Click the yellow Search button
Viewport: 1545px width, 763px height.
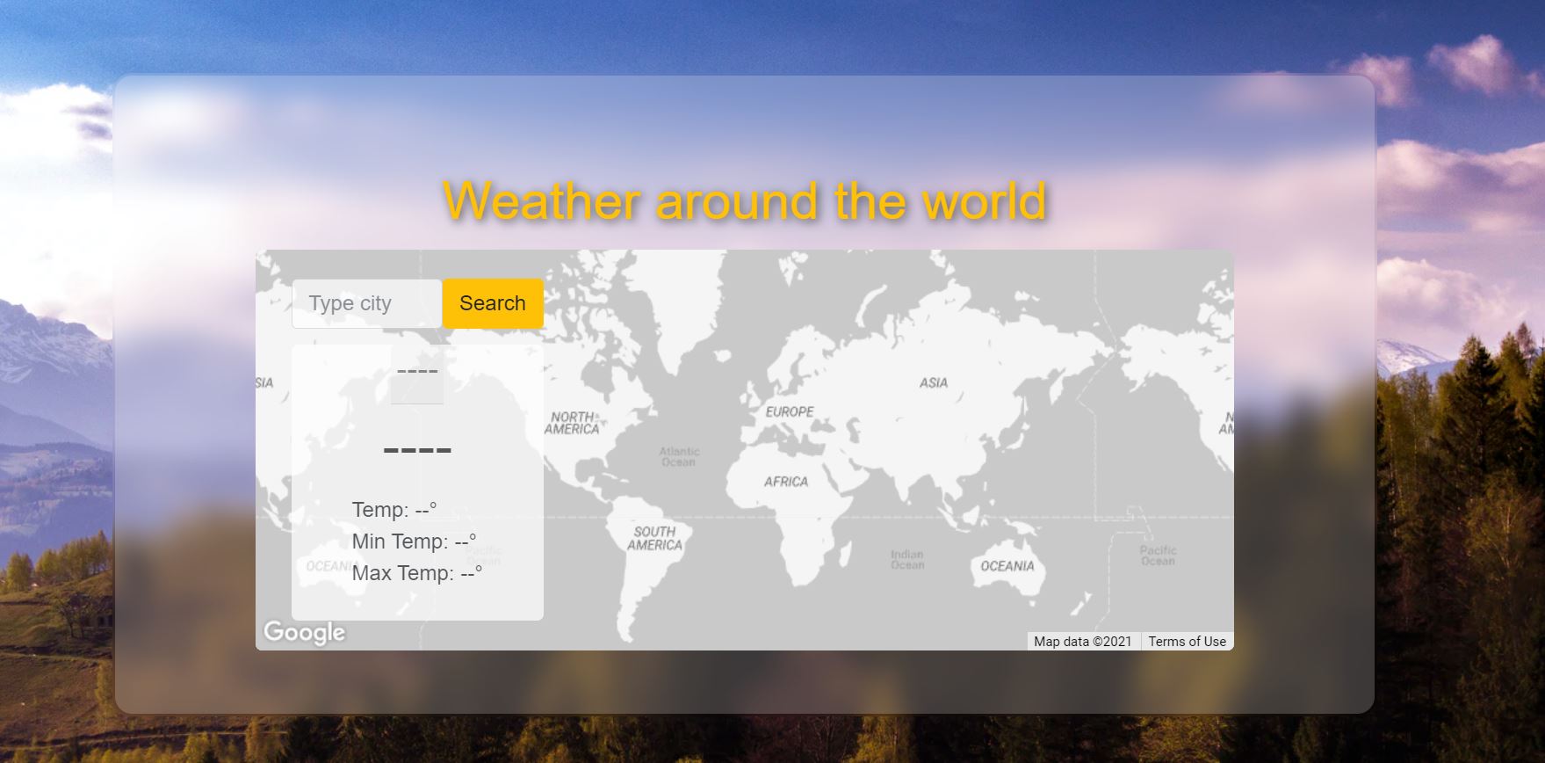[493, 303]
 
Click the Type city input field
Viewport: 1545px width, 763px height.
[367, 303]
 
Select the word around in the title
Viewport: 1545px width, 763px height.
[738, 200]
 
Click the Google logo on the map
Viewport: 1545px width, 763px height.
[304, 632]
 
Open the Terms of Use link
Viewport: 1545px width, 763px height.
[1187, 642]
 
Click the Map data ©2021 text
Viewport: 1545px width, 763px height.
[1082, 642]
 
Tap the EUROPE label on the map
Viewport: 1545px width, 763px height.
[790, 411]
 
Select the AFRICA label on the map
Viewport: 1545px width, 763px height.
[785, 482]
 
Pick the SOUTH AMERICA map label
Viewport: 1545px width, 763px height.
[654, 538]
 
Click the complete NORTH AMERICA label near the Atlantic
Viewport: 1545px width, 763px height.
[572, 423]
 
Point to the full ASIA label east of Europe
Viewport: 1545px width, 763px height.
[933, 382]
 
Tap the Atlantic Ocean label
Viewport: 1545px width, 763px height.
[679, 456]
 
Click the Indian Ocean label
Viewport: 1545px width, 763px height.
[907, 559]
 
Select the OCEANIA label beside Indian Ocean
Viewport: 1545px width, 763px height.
[1007, 566]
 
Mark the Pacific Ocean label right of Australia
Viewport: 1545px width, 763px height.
[1158, 556]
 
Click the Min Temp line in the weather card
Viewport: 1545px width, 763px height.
[414, 541]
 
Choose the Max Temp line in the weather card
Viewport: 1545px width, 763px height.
[417, 573]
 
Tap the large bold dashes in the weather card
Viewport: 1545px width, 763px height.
[417, 450]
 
